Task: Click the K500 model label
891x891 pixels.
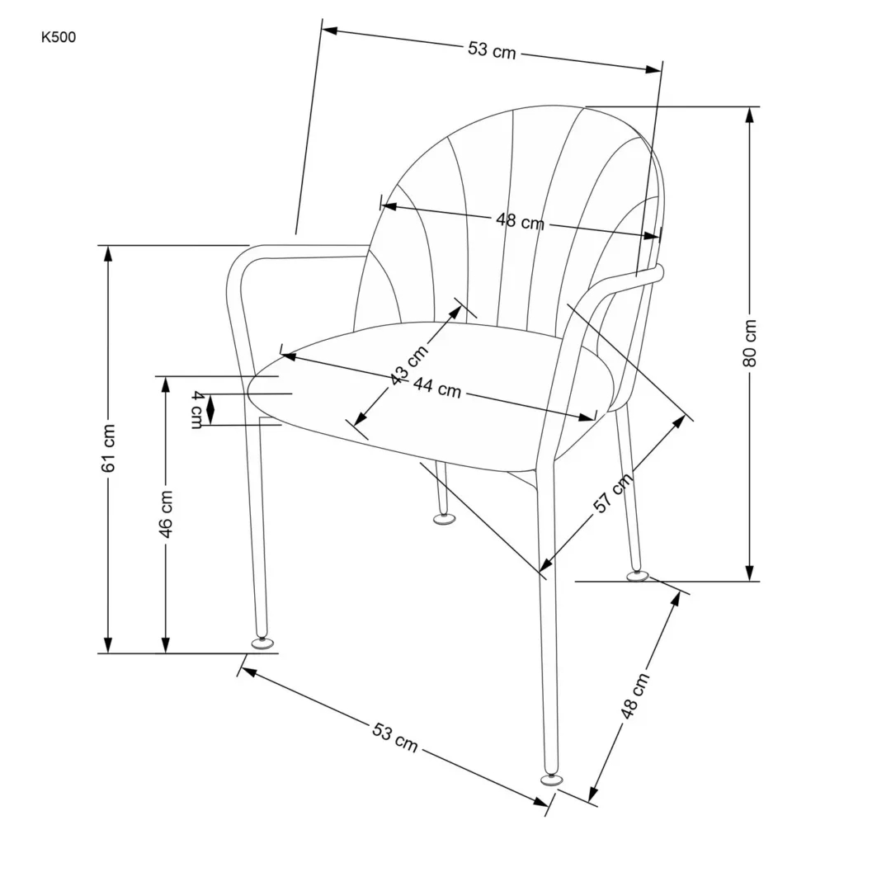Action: [58, 37]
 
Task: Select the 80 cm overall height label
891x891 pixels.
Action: [749, 343]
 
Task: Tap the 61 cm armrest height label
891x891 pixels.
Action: [108, 448]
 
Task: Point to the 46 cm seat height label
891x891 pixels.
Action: [166, 514]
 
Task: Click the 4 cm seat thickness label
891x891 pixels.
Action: [196, 409]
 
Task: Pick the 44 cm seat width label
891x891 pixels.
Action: [436, 387]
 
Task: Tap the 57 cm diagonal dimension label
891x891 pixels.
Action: [614, 493]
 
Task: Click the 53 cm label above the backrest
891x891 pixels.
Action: [492, 50]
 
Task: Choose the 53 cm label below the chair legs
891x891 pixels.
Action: [395, 737]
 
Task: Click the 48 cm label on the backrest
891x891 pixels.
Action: [520, 221]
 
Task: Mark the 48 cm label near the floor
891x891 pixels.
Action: [635, 696]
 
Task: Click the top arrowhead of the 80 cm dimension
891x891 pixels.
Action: [749, 115]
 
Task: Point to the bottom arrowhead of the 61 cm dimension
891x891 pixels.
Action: [108, 644]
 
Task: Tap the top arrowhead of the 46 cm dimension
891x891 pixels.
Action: [166, 385]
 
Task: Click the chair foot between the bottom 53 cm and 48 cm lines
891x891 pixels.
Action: [550, 777]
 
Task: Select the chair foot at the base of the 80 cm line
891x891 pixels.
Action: [636, 575]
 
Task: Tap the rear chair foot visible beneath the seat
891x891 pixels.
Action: [445, 519]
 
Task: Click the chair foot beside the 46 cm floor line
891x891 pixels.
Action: [263, 642]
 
